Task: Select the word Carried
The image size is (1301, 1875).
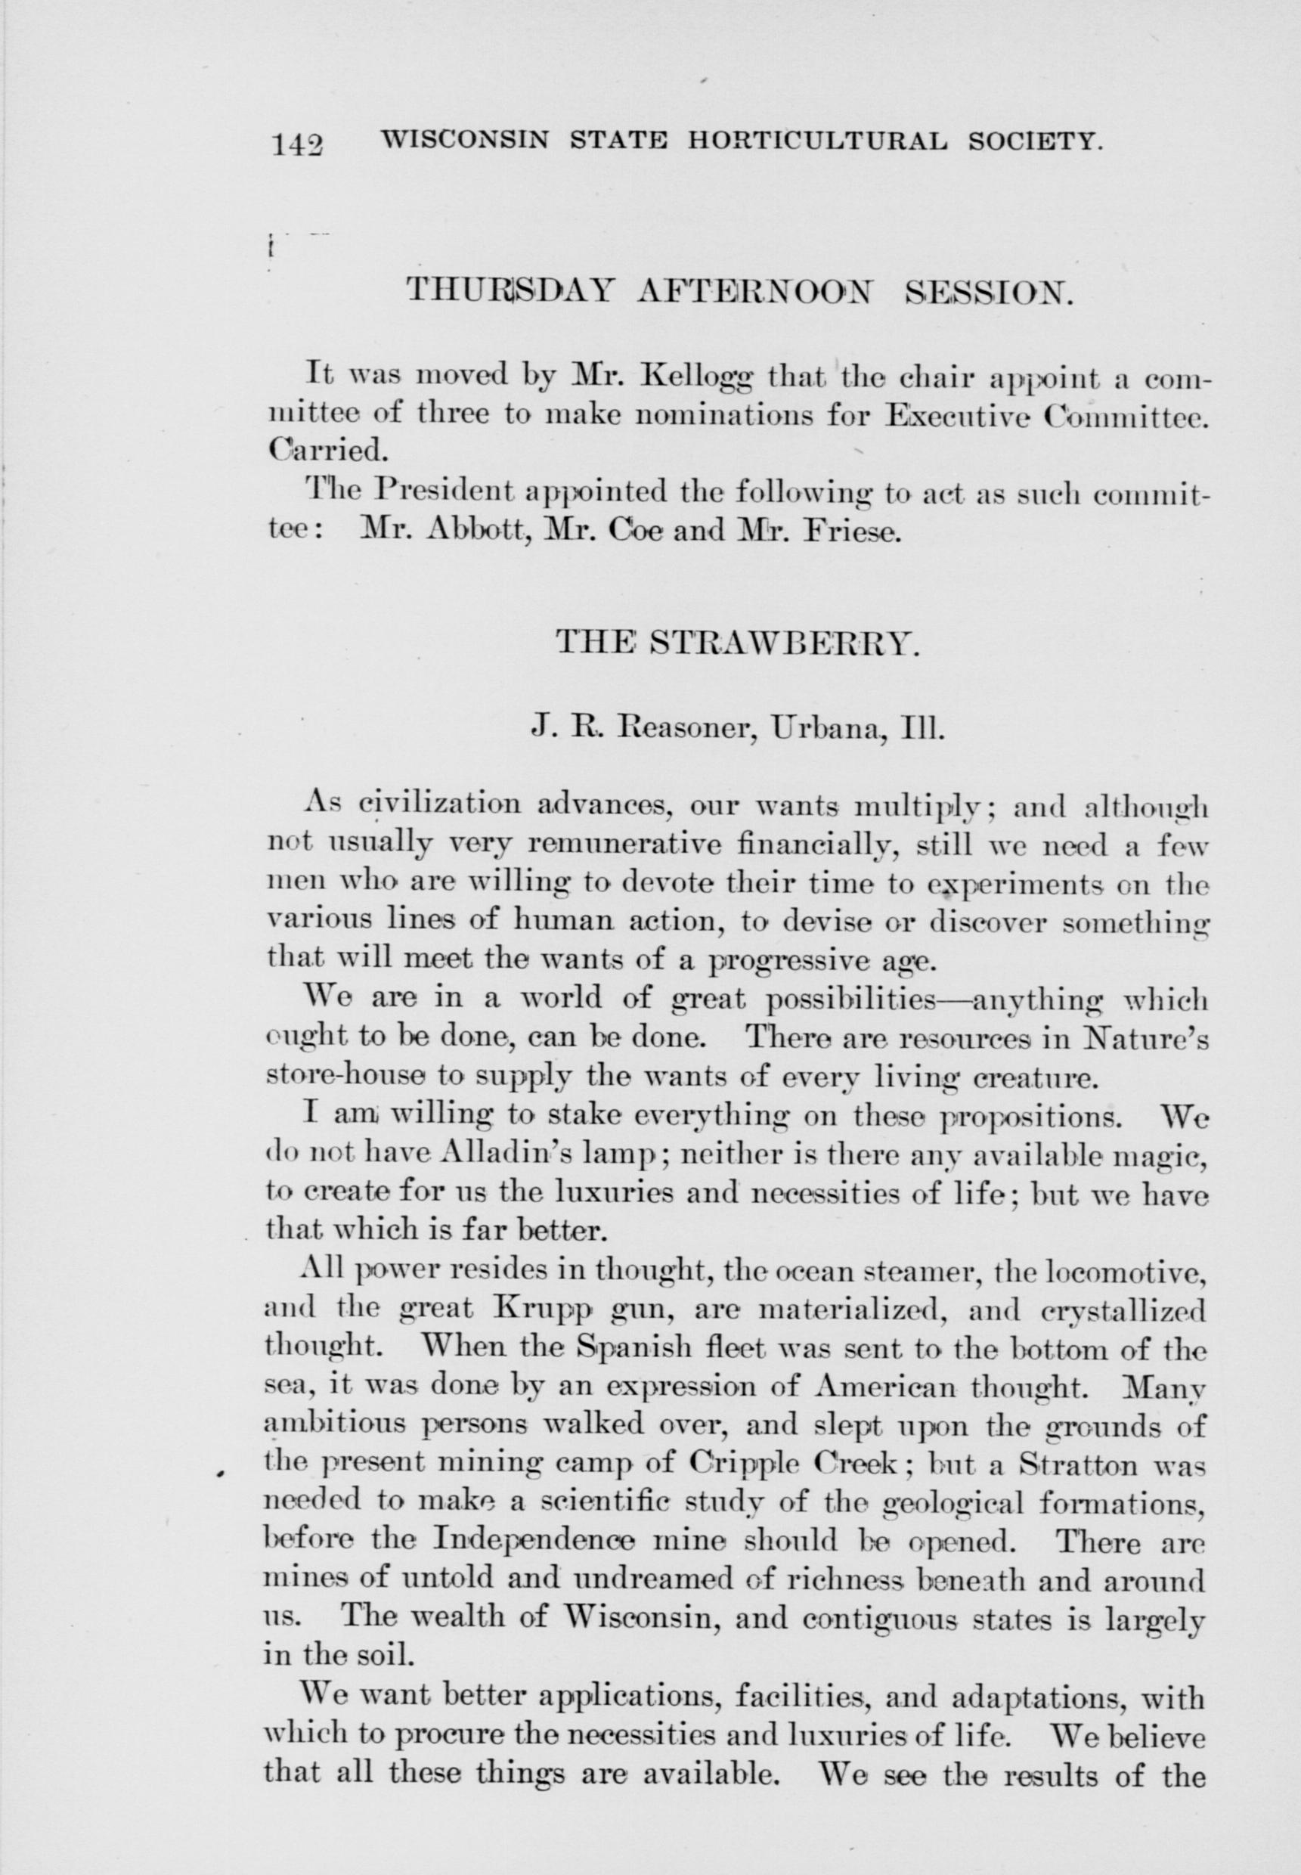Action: coord(321,449)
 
